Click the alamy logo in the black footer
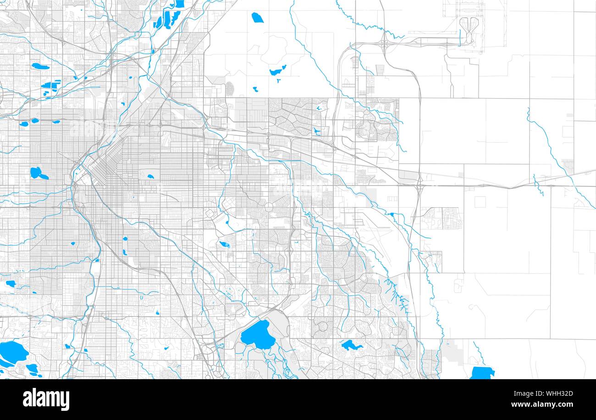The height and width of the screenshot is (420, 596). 46,399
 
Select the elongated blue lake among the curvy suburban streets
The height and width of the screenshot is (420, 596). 351,345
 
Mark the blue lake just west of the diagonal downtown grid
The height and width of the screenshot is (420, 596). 37,173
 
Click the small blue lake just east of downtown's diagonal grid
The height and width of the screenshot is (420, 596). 150,176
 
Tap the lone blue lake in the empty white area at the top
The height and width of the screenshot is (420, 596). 257,18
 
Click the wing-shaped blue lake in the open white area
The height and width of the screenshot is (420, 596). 278,71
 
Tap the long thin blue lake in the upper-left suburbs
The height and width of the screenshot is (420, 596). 40,66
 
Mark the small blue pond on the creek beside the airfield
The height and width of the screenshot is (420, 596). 391,214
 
